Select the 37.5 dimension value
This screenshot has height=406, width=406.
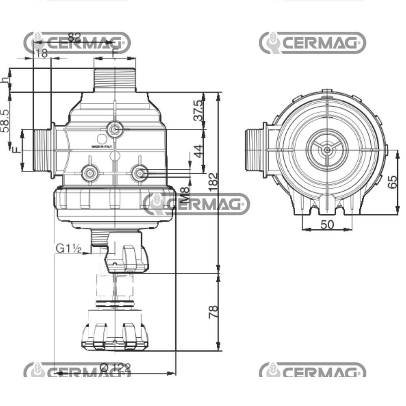click(x=198, y=110)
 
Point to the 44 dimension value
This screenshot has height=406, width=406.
click(x=198, y=151)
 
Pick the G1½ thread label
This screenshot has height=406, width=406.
click(x=69, y=248)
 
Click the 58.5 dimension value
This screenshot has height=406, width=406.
click(x=5, y=121)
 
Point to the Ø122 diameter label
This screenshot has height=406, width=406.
click(x=115, y=368)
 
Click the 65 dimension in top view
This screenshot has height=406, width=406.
click(x=392, y=181)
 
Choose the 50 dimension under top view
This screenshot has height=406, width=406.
click(x=327, y=224)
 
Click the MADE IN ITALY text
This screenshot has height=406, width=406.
click(x=101, y=146)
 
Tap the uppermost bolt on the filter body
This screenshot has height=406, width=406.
click(x=114, y=130)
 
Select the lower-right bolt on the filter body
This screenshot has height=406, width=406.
click(x=139, y=173)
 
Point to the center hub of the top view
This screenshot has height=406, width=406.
click(x=326, y=150)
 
